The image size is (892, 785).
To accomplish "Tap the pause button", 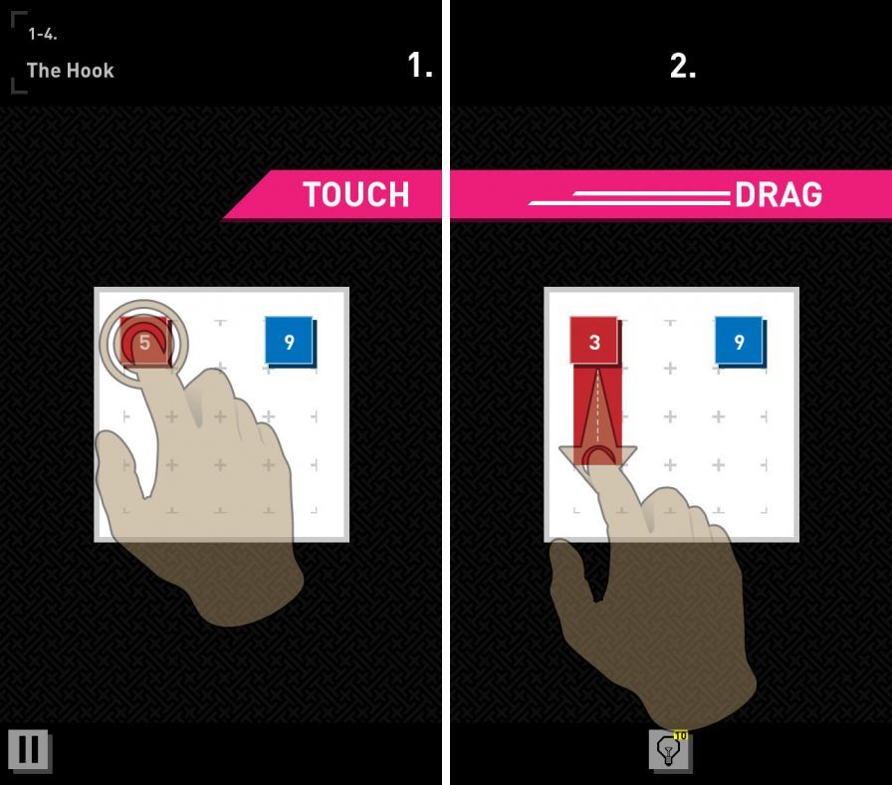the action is pos(30,751).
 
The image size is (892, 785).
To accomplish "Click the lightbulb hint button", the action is pos(670,751).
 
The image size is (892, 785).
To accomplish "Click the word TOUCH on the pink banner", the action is pos(356,194).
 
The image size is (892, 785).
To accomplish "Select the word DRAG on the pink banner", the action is pos(779,194).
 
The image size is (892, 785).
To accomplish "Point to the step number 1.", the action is pos(420,65).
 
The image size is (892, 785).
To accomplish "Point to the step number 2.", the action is pos(683,66).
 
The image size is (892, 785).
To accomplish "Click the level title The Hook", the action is pos(70,71).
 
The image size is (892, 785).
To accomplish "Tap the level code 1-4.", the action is pos(43,34).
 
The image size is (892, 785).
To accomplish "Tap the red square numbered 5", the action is pos(144,342).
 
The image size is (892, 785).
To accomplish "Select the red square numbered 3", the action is pos(594,341).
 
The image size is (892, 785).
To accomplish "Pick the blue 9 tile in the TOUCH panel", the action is pos(290,341).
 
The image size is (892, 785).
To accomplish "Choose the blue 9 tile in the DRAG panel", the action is pos(739,341).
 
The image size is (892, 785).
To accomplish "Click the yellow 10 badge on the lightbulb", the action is pos(680,735).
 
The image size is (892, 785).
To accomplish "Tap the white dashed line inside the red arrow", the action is pos(597,408).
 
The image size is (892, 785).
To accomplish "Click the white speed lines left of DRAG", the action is pos(629,198).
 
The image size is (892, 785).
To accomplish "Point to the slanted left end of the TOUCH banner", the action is pos(246,194).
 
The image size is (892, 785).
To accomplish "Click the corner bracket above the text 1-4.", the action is pos(18,18).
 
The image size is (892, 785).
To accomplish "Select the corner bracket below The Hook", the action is pos(18,86).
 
